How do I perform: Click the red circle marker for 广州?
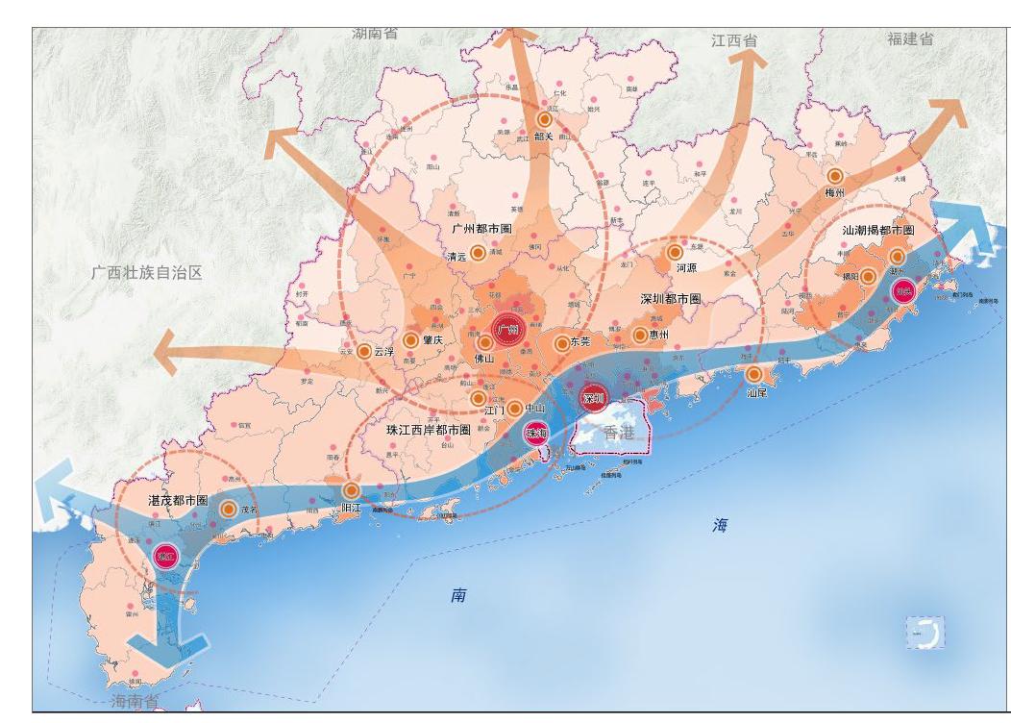click(x=507, y=330)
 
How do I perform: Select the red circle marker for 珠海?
click(x=535, y=434)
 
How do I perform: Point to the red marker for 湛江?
click(x=166, y=555)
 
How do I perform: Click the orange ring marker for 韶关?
click(x=545, y=119)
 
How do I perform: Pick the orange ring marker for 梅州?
click(x=835, y=177)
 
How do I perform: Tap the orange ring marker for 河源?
click(x=676, y=253)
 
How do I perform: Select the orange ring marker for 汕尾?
click(x=754, y=374)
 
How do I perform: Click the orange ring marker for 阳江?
click(x=352, y=490)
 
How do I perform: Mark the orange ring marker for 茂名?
click(x=229, y=510)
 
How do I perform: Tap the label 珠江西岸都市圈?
click(x=428, y=430)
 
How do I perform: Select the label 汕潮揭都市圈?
click(x=877, y=231)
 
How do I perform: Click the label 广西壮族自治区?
click(x=147, y=273)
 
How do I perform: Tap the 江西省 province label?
click(x=734, y=41)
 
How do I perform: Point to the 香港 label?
click(x=619, y=434)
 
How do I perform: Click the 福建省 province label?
click(x=910, y=39)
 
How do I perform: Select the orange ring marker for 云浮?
click(x=364, y=352)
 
